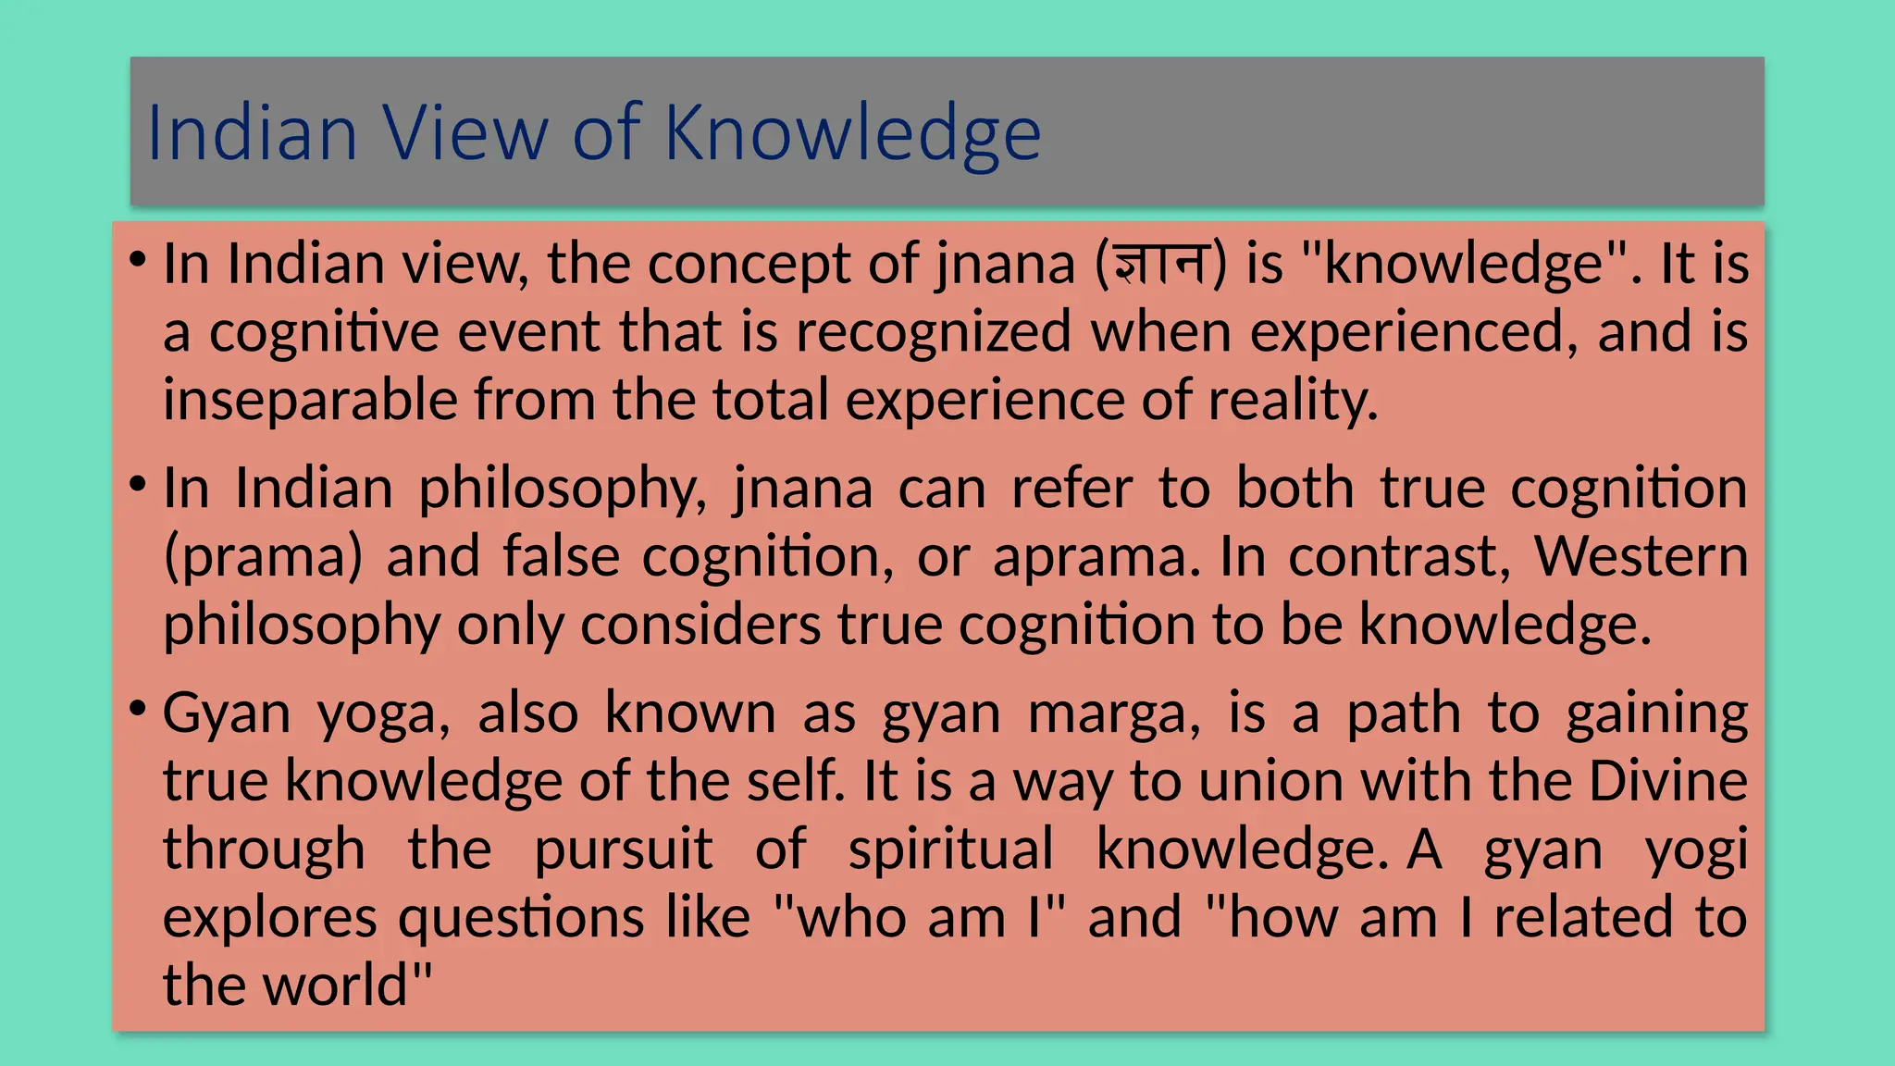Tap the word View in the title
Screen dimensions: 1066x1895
[x=465, y=132]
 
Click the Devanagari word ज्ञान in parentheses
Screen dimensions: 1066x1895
[x=1161, y=264]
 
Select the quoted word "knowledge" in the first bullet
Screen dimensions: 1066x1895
[x=1463, y=264]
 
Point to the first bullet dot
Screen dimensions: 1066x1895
[x=138, y=258]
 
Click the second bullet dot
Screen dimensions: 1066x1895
[x=138, y=483]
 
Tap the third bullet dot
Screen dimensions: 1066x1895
[x=138, y=709]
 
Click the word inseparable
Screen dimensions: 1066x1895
[x=310, y=400]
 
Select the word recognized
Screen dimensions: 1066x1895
[x=933, y=331]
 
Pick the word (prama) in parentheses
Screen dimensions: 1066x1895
[x=263, y=557]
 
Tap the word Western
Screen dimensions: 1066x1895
[x=1641, y=556]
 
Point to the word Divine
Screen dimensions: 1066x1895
[x=1667, y=781]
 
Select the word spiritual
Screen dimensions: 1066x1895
[x=950, y=849]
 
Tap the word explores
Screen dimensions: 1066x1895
[x=270, y=917]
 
